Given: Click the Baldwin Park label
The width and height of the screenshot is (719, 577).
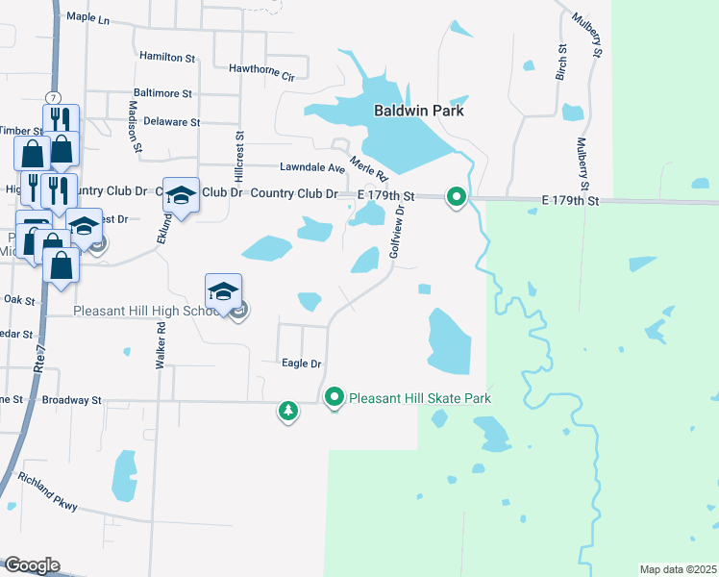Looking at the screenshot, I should [x=418, y=111].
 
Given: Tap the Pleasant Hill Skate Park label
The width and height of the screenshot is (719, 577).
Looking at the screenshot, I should [x=420, y=398].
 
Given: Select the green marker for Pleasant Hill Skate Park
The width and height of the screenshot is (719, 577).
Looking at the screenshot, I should [x=335, y=396].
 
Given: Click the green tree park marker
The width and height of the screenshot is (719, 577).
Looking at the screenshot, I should [x=287, y=412].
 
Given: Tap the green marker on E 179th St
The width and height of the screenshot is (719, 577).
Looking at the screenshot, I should [x=457, y=199].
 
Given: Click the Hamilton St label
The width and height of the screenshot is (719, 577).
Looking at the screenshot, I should [x=167, y=58].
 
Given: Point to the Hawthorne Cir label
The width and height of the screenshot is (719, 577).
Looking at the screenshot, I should [x=260, y=68].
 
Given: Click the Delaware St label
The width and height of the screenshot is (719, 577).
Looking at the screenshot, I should [x=171, y=122].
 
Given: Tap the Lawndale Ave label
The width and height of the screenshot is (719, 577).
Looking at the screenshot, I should [x=311, y=167].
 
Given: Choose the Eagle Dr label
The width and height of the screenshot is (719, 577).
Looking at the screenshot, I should [x=301, y=364].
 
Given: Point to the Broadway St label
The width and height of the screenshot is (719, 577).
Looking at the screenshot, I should [x=70, y=399].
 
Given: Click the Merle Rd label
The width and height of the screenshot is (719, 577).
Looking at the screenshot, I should [x=367, y=168].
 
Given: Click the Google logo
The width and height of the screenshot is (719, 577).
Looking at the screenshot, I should [x=31, y=565].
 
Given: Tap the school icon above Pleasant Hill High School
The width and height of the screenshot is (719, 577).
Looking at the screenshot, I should [x=223, y=290].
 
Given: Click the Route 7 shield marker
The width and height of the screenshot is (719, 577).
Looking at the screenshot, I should [x=53, y=98].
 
